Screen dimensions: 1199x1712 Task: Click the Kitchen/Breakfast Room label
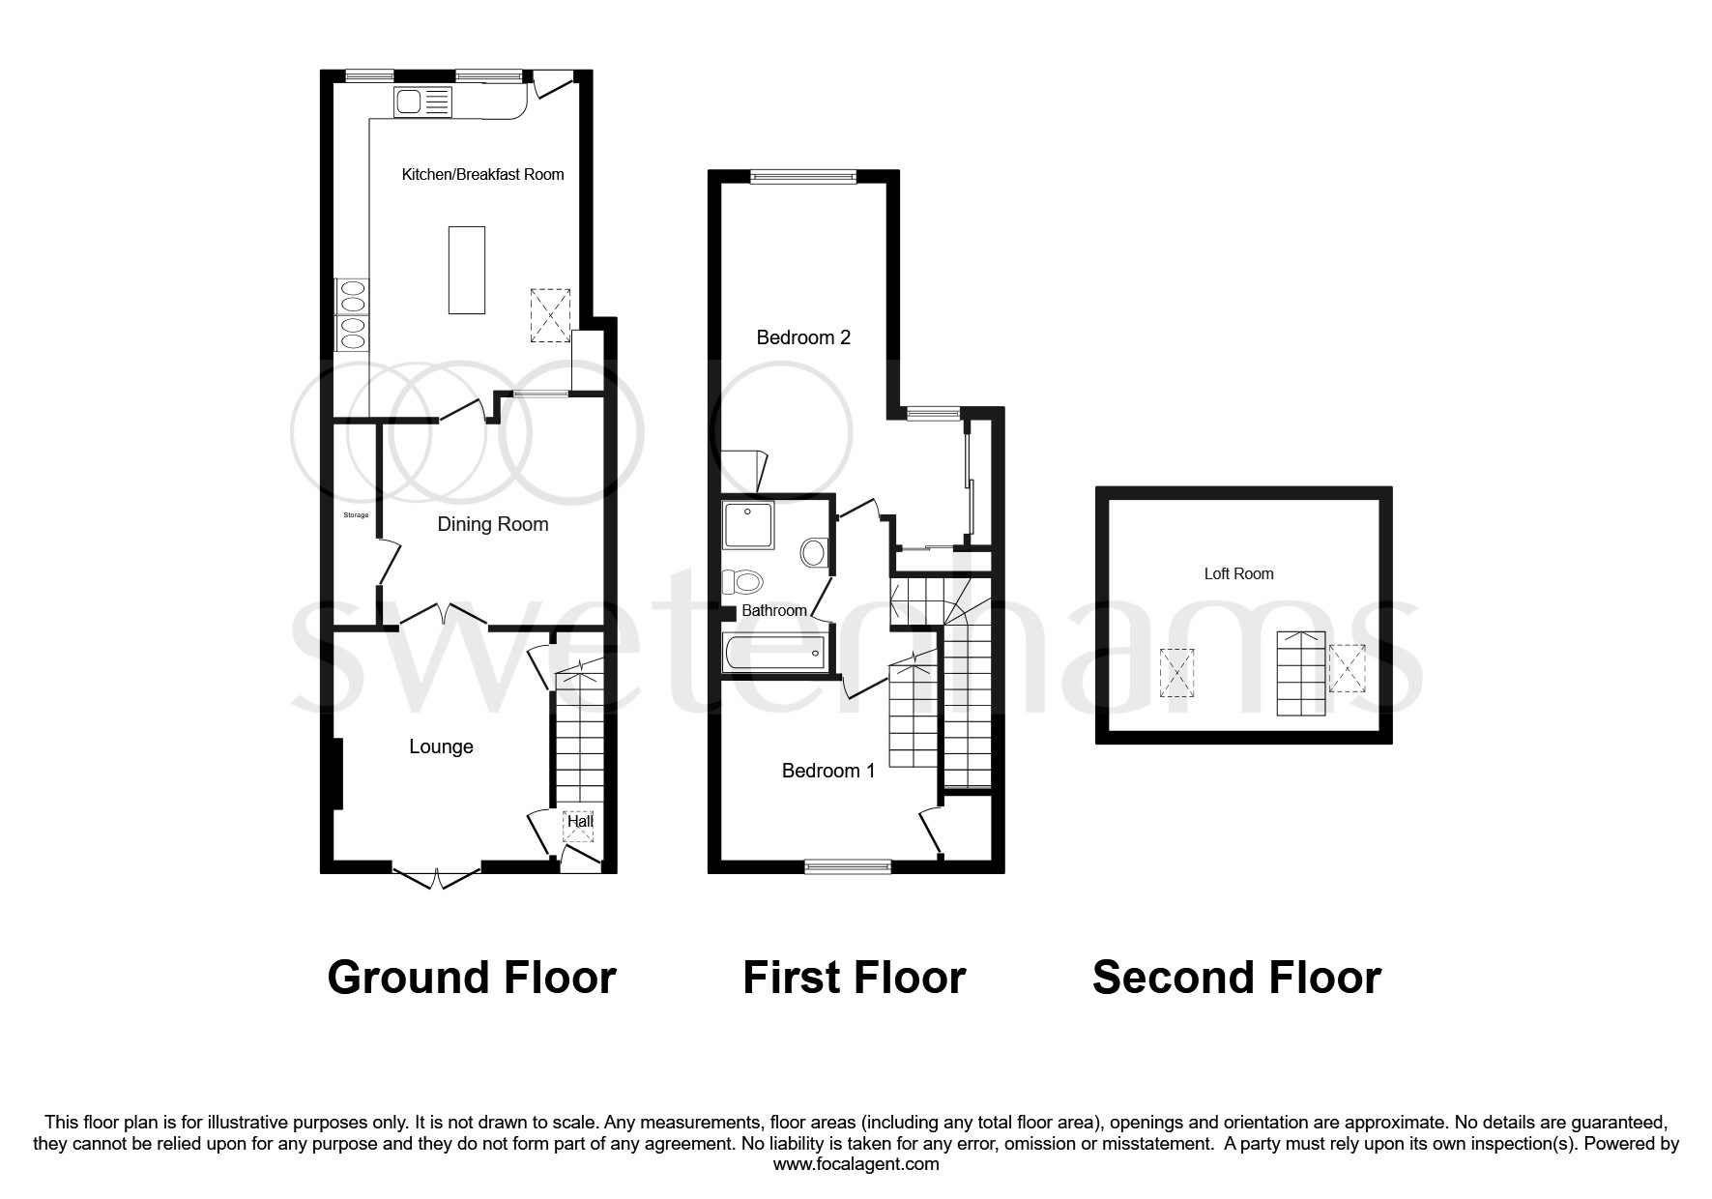click(x=482, y=174)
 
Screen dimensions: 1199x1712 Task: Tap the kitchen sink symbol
click(x=422, y=102)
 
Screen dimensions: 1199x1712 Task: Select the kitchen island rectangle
click(x=466, y=270)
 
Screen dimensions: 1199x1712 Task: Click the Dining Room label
click(x=492, y=524)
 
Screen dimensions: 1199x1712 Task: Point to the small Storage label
click(x=356, y=515)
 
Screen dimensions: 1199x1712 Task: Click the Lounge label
click(x=441, y=746)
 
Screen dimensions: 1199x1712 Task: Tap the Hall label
click(x=580, y=822)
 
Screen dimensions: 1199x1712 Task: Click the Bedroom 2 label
click(x=802, y=337)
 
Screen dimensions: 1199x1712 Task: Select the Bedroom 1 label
click(x=827, y=771)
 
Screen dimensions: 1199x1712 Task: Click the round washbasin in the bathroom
click(x=814, y=554)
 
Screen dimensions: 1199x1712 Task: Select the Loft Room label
click(x=1238, y=573)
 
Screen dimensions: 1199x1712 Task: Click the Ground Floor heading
click(x=471, y=978)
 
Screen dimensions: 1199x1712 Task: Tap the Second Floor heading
click(x=1236, y=978)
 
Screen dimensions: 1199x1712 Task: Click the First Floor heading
click(x=854, y=978)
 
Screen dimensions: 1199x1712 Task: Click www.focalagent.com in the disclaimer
click(x=856, y=1164)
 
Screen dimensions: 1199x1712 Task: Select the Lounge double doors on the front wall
click(x=437, y=876)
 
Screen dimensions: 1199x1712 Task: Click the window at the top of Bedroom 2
click(x=802, y=176)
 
